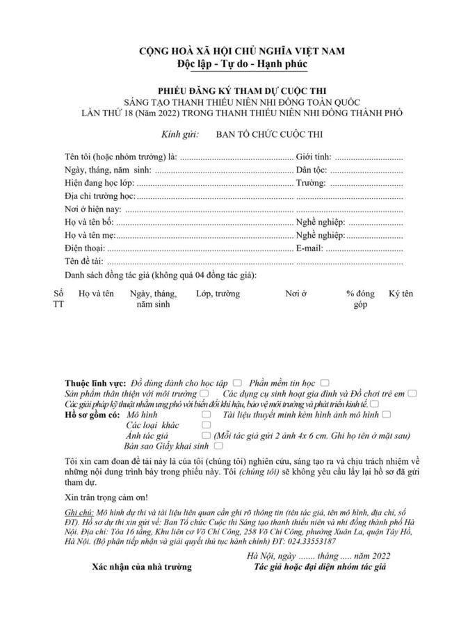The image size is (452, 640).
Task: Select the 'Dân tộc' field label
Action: click(312, 170)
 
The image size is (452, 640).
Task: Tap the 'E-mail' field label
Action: click(310, 248)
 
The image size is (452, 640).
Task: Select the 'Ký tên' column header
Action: click(401, 294)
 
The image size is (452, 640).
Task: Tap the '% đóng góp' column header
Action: click(360, 299)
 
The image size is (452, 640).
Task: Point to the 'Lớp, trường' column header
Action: click(218, 294)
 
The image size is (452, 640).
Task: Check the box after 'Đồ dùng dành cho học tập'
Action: click(238, 383)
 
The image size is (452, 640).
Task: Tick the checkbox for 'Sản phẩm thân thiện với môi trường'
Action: click(202, 394)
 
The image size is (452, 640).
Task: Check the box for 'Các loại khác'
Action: click(206, 425)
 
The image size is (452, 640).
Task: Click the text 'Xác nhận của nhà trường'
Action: click(142, 566)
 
